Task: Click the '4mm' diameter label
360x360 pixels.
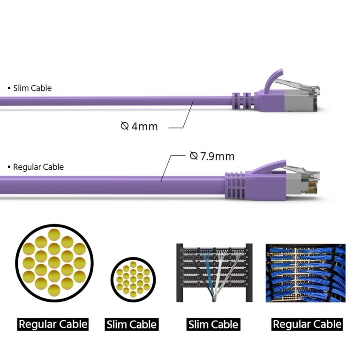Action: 144,126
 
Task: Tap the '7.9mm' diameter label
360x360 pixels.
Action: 217,156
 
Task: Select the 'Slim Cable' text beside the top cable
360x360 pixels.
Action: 32,88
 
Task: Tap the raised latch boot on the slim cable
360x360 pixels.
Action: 274,82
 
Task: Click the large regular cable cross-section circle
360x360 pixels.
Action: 54,262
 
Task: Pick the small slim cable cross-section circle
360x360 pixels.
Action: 133,280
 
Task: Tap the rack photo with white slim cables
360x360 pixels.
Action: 214,272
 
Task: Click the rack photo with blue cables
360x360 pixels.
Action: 305,272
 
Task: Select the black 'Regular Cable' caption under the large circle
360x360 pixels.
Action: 52,324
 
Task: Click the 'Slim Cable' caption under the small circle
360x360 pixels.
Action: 132,324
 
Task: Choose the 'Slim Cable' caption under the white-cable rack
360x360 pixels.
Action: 213,324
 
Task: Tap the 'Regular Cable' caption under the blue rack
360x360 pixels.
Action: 307,324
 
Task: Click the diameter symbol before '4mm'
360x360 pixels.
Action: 125,126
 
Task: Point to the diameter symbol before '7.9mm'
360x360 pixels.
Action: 194,156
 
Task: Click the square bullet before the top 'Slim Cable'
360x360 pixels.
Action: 9,88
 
